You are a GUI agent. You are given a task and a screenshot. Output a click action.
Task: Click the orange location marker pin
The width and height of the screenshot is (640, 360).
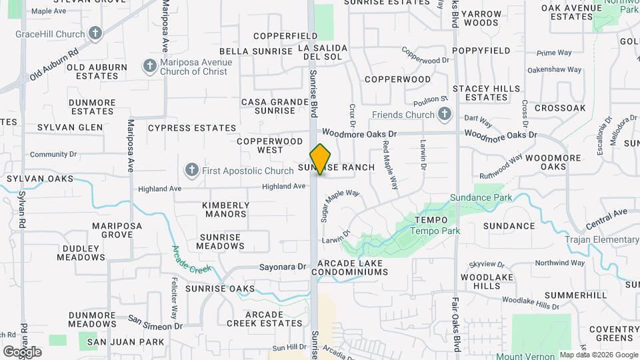point(321,159)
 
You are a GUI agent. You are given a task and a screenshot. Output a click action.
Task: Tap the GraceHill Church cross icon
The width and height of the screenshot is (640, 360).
point(95,33)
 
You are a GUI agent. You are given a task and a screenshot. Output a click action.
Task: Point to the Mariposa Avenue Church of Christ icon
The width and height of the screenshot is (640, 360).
point(149,66)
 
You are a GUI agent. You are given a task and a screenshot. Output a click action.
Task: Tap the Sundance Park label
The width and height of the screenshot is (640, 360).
point(481,197)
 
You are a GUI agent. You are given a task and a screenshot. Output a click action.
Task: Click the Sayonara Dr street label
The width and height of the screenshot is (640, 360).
point(283,267)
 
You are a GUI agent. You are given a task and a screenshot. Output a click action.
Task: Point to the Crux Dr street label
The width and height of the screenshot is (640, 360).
point(351,115)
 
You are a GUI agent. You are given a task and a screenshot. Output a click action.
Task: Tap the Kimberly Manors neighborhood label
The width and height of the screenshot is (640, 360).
point(225,210)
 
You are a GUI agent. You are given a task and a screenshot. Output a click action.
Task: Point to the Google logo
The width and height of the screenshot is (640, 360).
point(21,351)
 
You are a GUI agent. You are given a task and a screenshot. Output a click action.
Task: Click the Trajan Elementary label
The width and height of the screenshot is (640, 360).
point(601,239)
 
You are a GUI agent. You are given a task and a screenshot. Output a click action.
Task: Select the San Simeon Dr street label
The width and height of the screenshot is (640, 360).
point(155,322)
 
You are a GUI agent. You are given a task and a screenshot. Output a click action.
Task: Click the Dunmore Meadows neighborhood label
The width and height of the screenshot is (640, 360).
point(92,319)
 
